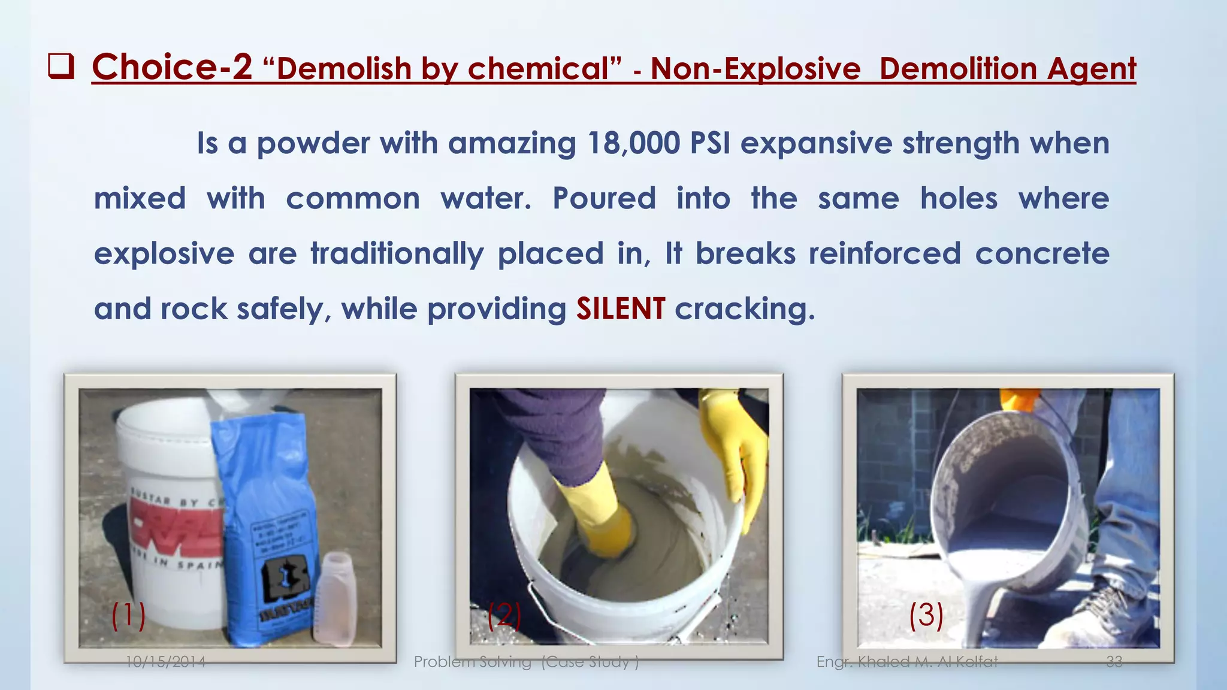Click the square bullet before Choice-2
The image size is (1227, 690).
[61, 67]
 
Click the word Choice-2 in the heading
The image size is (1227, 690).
[172, 66]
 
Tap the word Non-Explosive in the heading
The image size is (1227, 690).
[755, 68]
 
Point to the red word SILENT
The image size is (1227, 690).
[620, 308]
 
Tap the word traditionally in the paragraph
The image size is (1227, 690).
[397, 253]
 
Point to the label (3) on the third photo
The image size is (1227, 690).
[926, 616]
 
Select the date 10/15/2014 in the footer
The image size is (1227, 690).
[165, 662]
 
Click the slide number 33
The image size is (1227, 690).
[1114, 662]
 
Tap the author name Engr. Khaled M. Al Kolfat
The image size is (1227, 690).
[907, 662]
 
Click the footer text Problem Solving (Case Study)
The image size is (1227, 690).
[526, 662]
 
